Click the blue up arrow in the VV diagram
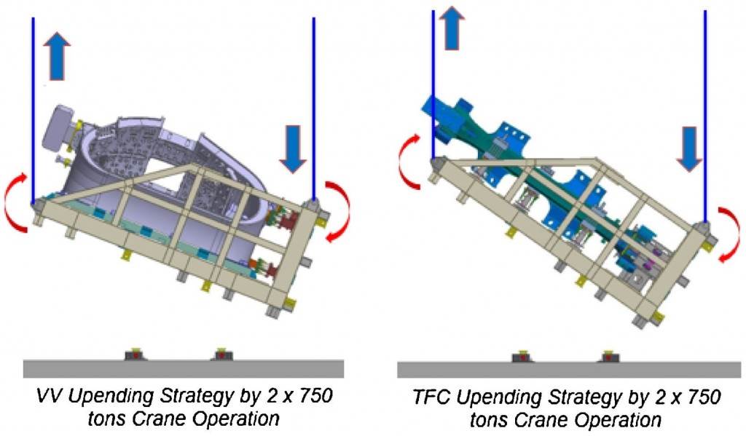coord(57,55)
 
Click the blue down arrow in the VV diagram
coord(293,148)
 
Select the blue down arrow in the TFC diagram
coord(689,148)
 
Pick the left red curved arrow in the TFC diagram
coord(404,162)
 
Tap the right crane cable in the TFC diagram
coord(705,117)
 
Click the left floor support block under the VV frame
coord(135,354)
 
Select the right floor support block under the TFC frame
coord(608,356)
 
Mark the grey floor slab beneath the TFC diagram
coord(569,370)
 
